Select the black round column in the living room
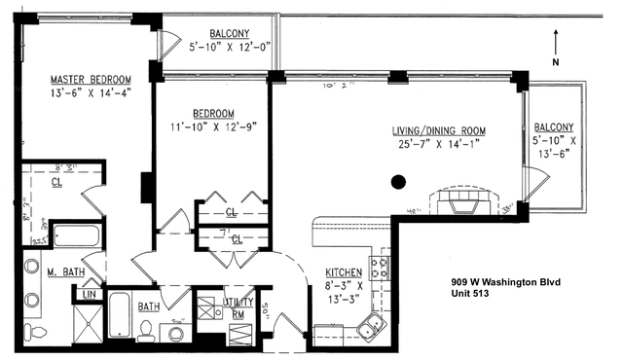(x=398, y=180)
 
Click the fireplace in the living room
(x=463, y=201)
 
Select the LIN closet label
(x=89, y=294)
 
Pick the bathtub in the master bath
(x=75, y=236)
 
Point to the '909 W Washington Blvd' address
(x=505, y=283)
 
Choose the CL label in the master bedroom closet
(x=57, y=181)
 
